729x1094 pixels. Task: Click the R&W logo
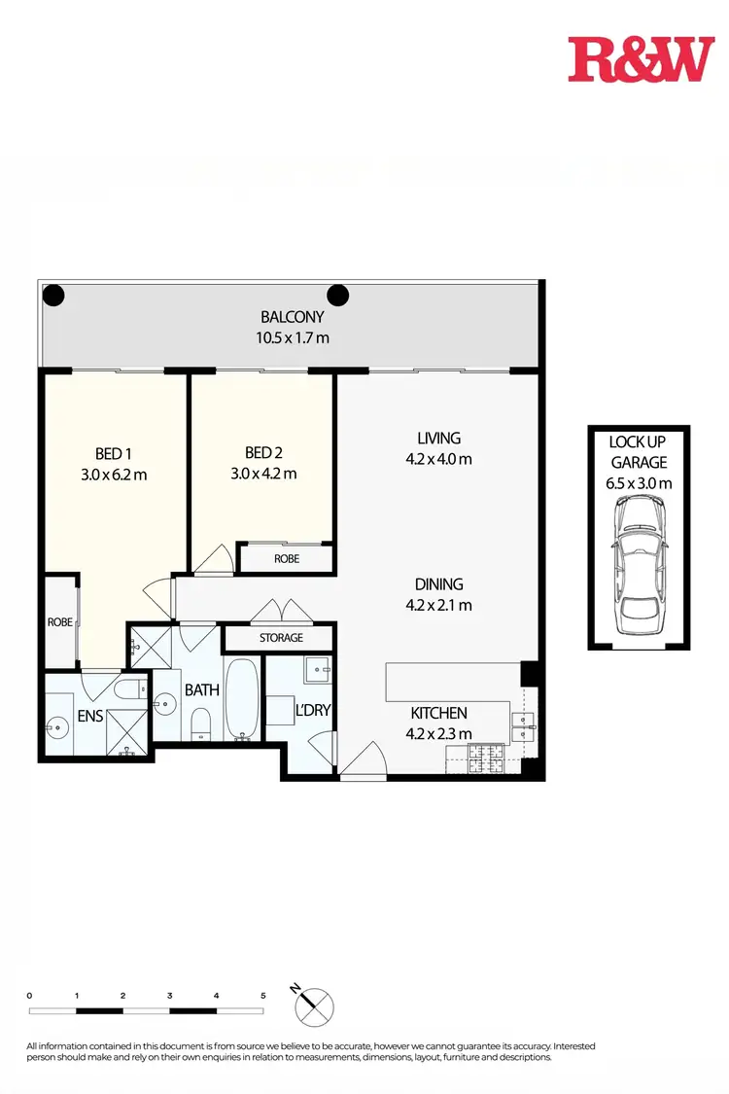point(641,59)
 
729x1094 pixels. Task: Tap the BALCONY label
point(292,317)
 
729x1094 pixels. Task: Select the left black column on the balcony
point(53,295)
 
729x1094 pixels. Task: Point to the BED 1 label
point(115,453)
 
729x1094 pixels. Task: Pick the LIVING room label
point(438,439)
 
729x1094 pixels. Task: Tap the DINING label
point(438,584)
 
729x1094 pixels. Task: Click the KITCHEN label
point(438,713)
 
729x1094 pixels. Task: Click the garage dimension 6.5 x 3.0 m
point(639,483)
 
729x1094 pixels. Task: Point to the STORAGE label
point(281,638)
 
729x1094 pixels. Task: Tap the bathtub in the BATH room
point(242,698)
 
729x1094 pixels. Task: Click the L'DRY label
point(313,710)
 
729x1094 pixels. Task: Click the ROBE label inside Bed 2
point(287,559)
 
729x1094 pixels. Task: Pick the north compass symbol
point(313,1005)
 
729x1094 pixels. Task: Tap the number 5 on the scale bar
point(263,996)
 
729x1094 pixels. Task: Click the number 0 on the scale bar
point(30,996)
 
